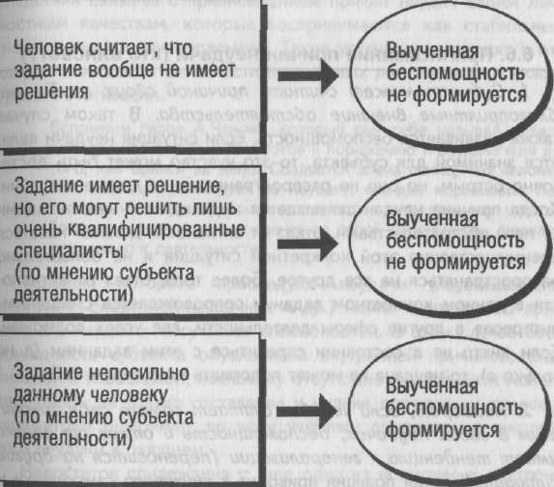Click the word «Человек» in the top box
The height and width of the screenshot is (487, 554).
coord(48,47)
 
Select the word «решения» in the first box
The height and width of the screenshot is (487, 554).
coord(51,93)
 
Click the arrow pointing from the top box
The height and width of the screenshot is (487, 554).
coord(308,75)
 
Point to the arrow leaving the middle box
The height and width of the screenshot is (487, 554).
coord(307,243)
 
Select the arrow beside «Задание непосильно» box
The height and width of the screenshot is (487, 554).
coord(306,411)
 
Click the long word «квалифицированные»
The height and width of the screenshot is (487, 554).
coord(156,230)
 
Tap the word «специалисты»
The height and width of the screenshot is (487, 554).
coord(69,252)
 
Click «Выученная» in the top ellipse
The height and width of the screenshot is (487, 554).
coord(432,51)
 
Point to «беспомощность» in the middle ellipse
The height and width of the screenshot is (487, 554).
coord(455,241)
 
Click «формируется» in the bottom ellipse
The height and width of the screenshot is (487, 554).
coord(442,431)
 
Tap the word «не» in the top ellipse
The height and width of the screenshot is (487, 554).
coord(396,95)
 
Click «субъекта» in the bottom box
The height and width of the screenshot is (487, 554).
coord(156,417)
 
